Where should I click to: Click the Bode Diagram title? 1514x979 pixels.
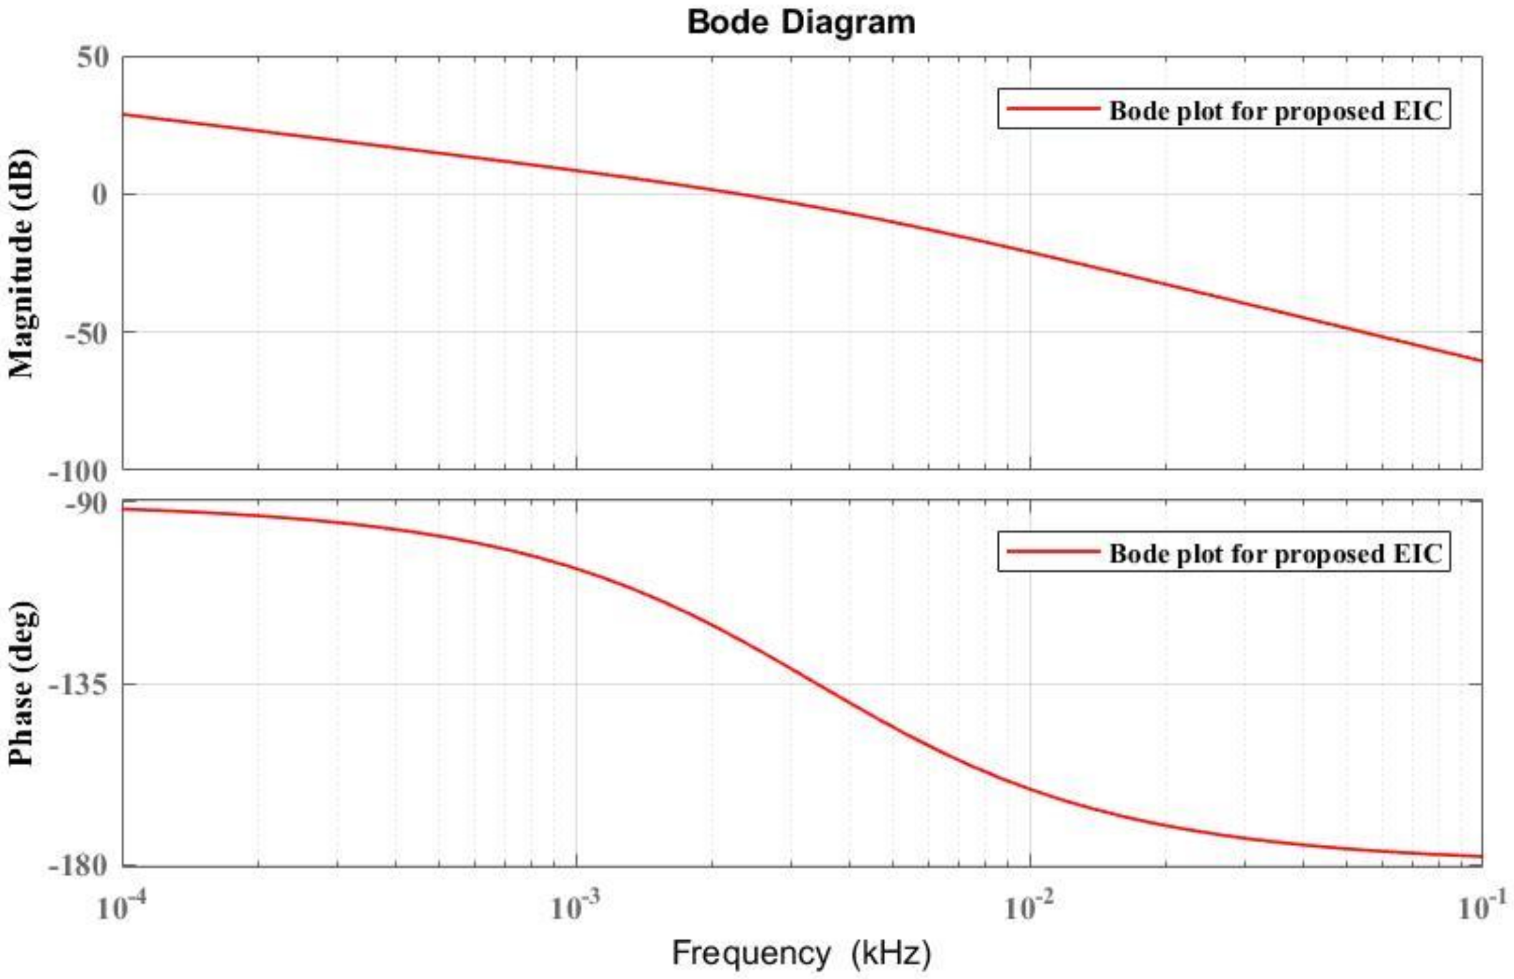[801, 23]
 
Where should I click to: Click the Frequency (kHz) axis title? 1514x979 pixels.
[801, 953]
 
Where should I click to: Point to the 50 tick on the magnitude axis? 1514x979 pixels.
[93, 58]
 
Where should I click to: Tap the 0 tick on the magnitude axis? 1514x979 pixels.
[100, 195]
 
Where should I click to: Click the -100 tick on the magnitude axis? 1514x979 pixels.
[77, 472]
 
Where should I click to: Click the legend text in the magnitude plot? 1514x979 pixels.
[1275, 110]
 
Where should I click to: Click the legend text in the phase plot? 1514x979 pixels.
[1275, 553]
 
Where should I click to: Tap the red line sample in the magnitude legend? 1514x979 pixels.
[1053, 109]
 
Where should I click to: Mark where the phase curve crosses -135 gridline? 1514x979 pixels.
[825, 684]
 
